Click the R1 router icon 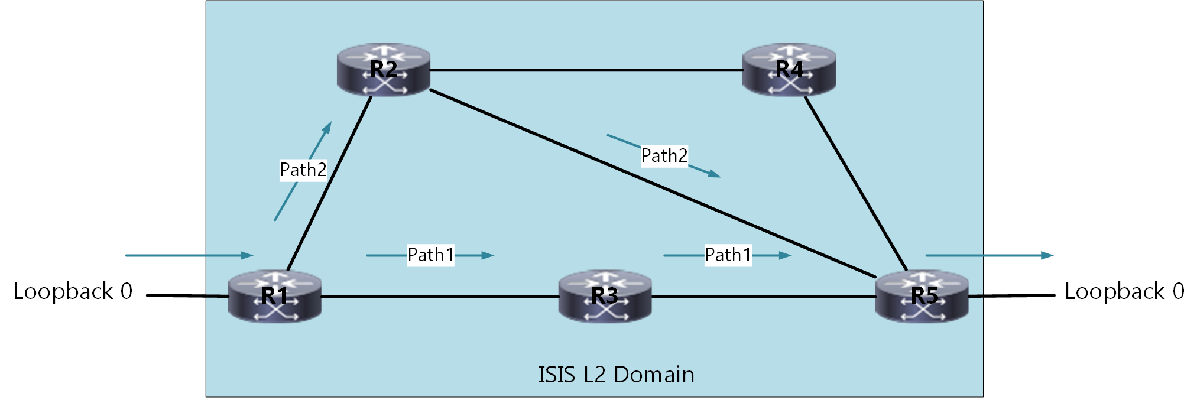coord(275,296)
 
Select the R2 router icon coord(383,70)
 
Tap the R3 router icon coord(605,296)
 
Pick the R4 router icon coord(789,70)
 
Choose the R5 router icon coord(922,296)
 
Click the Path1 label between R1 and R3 coord(431,255)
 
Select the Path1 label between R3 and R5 coord(728,255)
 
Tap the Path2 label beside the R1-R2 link coord(303,170)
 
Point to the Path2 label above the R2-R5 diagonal coord(664,156)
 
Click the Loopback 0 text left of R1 coord(73,292)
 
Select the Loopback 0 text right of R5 coord(1124,292)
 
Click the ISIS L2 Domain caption coord(616,375)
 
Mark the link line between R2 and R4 coord(585,70)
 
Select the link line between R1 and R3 coord(440,297)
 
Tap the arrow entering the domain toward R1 coord(189,256)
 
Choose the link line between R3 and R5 coord(763,297)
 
